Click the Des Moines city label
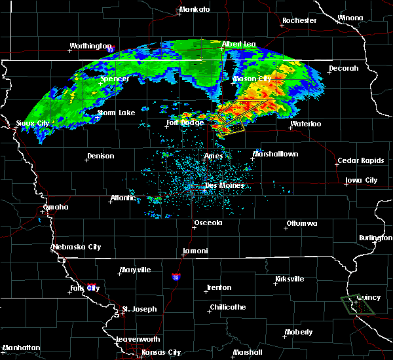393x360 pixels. click(225, 185)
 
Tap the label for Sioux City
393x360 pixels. click(33, 123)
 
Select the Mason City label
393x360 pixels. click(253, 79)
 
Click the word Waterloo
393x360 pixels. click(306, 124)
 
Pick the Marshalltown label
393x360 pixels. click(276, 154)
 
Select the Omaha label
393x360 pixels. click(56, 207)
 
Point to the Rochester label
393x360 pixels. click(299, 21)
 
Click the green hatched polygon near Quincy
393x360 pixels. click(360, 302)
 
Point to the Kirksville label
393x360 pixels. click(290, 279)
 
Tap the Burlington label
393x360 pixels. click(375, 238)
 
